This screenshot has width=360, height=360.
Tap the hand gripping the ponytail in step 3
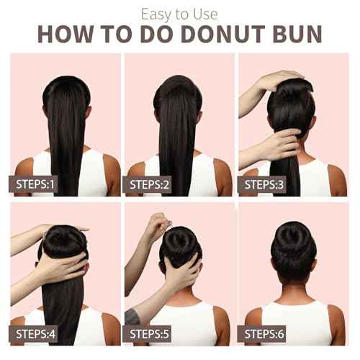274,144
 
